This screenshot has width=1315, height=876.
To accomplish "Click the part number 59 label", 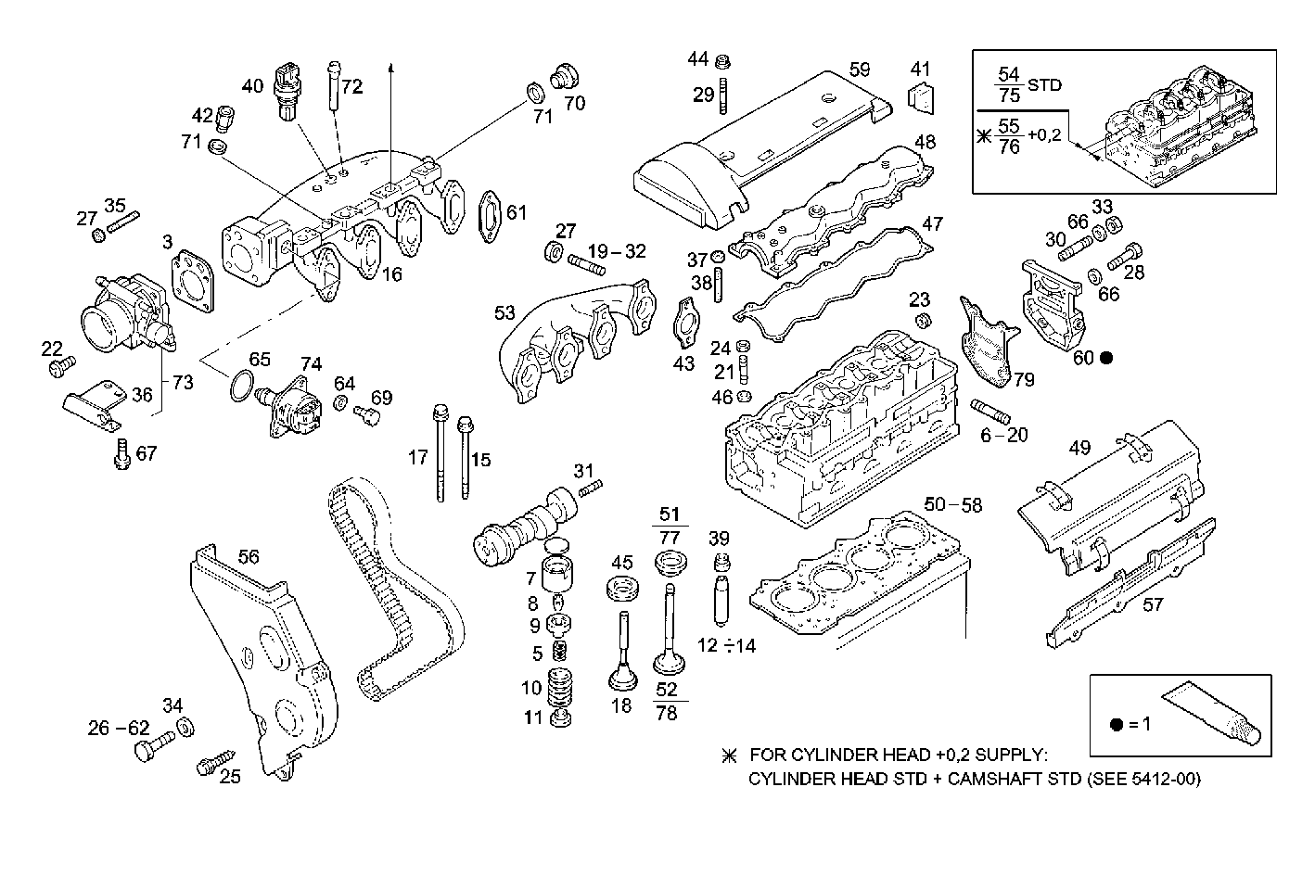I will point(859,69).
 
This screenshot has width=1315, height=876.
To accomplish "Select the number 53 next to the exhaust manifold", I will point(504,313).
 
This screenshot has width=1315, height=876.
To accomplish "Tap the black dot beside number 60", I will point(1106,357).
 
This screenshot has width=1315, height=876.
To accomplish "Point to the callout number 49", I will point(1079,448).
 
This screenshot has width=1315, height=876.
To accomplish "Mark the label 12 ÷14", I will point(726,645).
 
